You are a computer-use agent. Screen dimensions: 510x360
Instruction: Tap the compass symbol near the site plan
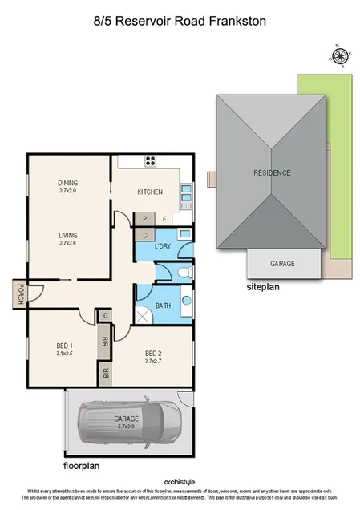click(339, 55)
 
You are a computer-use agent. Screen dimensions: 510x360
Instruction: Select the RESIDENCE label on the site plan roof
click(273, 172)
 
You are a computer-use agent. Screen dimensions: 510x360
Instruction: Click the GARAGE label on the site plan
click(281, 263)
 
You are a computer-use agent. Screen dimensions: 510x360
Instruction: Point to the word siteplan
click(262, 285)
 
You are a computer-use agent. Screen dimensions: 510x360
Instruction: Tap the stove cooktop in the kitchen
click(150, 160)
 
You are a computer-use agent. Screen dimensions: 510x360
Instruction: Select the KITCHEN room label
click(150, 192)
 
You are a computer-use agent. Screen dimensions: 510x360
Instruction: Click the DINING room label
click(67, 182)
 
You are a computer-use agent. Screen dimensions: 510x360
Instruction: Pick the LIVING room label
click(67, 236)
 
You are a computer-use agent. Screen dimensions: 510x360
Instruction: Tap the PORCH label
click(18, 295)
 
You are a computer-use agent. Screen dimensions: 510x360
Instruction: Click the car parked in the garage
click(128, 420)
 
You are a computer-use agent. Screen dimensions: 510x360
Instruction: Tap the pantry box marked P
click(144, 218)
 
